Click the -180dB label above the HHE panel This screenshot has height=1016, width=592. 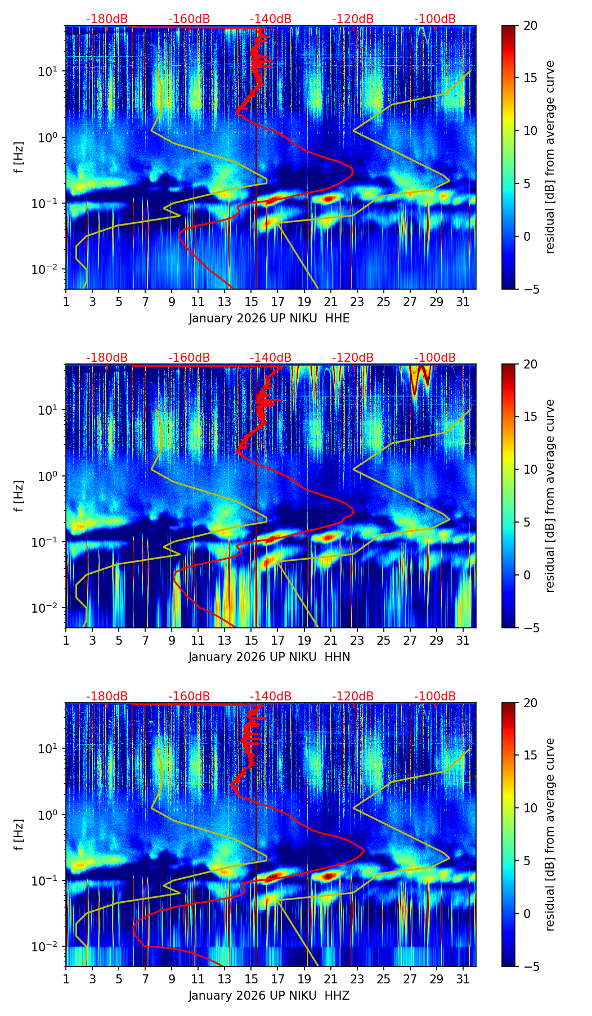click(x=107, y=19)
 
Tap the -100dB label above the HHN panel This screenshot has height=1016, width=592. click(x=435, y=358)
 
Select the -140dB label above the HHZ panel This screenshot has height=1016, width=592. click(x=271, y=696)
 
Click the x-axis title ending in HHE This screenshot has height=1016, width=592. click(x=269, y=318)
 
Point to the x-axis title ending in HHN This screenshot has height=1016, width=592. click(x=269, y=657)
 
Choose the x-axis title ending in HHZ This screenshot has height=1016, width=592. click(x=269, y=996)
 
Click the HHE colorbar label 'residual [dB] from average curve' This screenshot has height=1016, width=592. click(x=550, y=157)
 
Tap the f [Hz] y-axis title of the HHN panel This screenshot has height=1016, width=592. click(x=20, y=496)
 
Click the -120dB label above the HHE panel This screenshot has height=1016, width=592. click(x=353, y=19)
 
